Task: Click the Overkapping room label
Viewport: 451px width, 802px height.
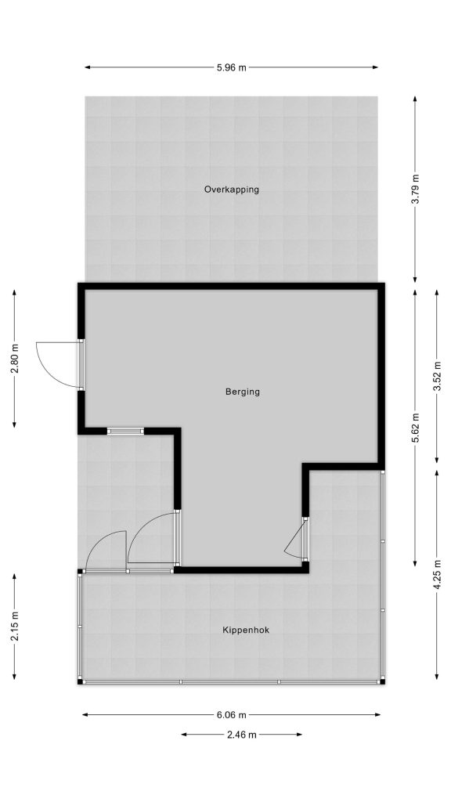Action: click(232, 190)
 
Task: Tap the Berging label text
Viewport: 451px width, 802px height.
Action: click(243, 392)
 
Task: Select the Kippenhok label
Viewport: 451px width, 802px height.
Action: click(245, 630)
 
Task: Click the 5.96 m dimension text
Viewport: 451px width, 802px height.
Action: click(232, 67)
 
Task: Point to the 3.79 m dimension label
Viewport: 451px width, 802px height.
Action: click(415, 190)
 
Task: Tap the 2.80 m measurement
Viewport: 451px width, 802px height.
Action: click(15, 359)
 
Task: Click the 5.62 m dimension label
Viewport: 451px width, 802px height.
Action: click(415, 428)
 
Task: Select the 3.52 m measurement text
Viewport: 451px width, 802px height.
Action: click(437, 377)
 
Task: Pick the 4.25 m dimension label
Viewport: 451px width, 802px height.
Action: click(437, 576)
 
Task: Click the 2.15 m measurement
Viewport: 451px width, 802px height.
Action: click(15, 627)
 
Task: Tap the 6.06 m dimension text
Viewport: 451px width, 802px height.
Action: click(232, 715)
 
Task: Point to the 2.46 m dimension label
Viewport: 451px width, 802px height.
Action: click(242, 735)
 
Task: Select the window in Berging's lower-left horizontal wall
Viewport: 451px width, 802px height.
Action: click(126, 432)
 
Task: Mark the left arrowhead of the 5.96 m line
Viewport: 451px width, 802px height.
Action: click(88, 67)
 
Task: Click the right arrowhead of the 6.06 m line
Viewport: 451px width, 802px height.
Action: click(377, 715)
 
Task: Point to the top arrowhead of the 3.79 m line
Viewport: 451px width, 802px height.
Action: click(415, 99)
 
